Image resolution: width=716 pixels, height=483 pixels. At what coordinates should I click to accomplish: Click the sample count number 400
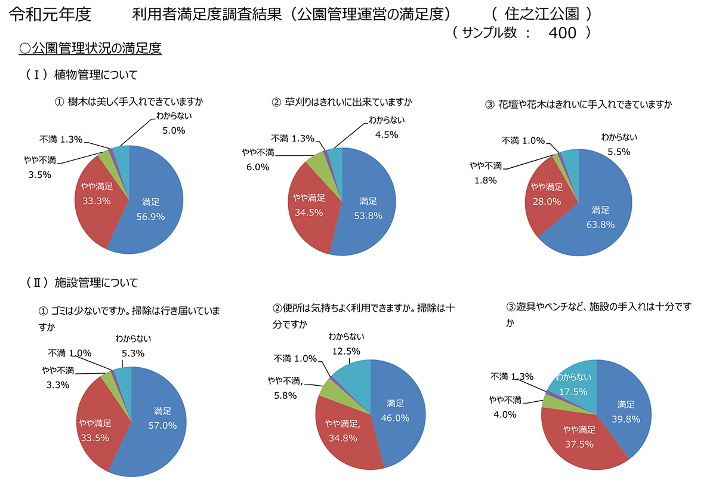(x=562, y=33)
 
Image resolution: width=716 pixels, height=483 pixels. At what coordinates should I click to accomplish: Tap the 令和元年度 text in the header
(x=51, y=13)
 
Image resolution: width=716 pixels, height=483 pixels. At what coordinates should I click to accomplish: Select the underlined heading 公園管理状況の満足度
(x=91, y=48)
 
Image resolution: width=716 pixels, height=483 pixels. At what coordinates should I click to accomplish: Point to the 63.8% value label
(x=600, y=224)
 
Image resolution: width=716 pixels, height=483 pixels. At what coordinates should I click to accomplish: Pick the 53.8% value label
(x=368, y=216)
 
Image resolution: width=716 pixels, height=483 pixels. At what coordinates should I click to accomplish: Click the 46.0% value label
(x=395, y=418)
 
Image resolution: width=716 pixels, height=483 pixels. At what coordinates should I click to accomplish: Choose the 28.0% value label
(x=547, y=202)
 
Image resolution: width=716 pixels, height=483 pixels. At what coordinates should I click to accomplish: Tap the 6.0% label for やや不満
(x=257, y=167)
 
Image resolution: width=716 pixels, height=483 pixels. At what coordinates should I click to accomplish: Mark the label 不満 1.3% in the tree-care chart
(x=61, y=139)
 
